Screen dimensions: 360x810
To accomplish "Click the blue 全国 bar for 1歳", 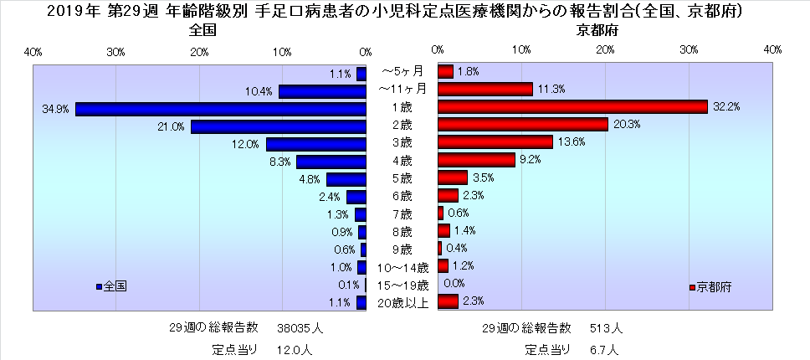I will point(221,109).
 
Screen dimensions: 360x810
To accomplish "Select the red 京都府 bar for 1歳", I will point(572,107).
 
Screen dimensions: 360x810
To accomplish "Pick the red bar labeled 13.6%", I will point(495,142).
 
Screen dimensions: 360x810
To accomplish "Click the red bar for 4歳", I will point(476,160).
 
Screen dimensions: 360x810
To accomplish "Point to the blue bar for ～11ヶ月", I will point(322,91).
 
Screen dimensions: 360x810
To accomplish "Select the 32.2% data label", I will point(727,107).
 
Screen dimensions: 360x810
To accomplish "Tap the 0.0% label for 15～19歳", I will point(454,283).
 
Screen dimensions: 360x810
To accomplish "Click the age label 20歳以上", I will point(402,303).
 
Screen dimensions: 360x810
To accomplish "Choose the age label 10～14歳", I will point(402,268).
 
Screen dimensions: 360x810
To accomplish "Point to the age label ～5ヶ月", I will point(402,72).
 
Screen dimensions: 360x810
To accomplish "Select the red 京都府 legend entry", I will point(711,286).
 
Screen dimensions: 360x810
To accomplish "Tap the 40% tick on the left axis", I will point(33,52).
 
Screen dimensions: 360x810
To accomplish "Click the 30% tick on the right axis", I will point(689,52).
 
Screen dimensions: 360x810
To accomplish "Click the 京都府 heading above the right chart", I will point(595,30).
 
